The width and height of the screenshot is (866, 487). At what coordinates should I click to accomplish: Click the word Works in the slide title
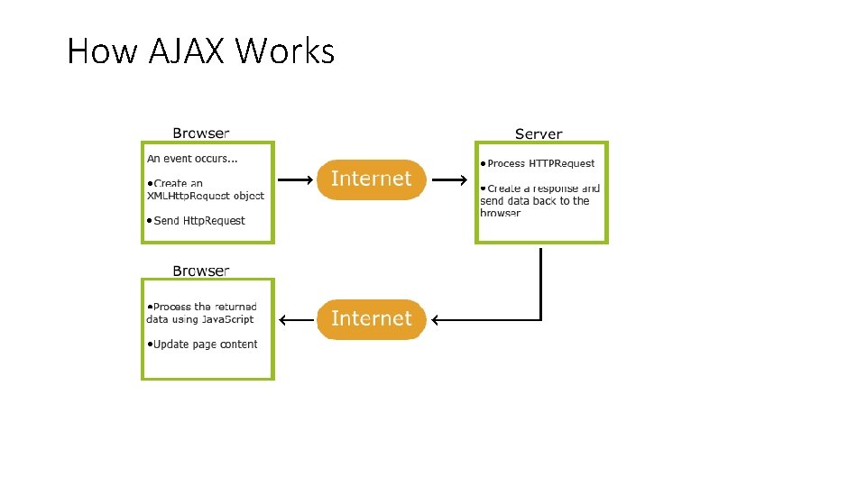[x=284, y=51]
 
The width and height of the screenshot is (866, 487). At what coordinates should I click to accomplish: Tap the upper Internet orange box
[x=371, y=179]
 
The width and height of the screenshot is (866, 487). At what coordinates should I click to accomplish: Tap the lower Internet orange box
[x=371, y=318]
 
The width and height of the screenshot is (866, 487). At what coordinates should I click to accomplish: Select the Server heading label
[x=539, y=133]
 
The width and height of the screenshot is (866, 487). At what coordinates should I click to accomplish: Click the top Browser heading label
[x=201, y=133]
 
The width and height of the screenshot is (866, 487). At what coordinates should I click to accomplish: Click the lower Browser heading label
[x=201, y=270]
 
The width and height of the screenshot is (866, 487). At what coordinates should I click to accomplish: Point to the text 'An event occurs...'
[x=192, y=159]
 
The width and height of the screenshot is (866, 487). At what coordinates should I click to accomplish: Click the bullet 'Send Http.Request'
[x=196, y=221]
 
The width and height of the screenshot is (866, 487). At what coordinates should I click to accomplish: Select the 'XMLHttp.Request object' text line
[x=205, y=196]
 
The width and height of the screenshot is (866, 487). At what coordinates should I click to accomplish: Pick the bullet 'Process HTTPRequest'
[x=538, y=163]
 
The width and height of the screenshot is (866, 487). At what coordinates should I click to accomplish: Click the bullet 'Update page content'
[x=202, y=345]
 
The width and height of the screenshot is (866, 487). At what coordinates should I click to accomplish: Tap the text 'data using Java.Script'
[x=199, y=319]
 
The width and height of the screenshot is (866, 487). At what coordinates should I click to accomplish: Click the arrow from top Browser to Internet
[x=294, y=179]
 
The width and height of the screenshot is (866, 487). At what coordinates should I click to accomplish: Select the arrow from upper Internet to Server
[x=447, y=179]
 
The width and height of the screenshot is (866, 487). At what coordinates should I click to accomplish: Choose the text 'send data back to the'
[x=534, y=201]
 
